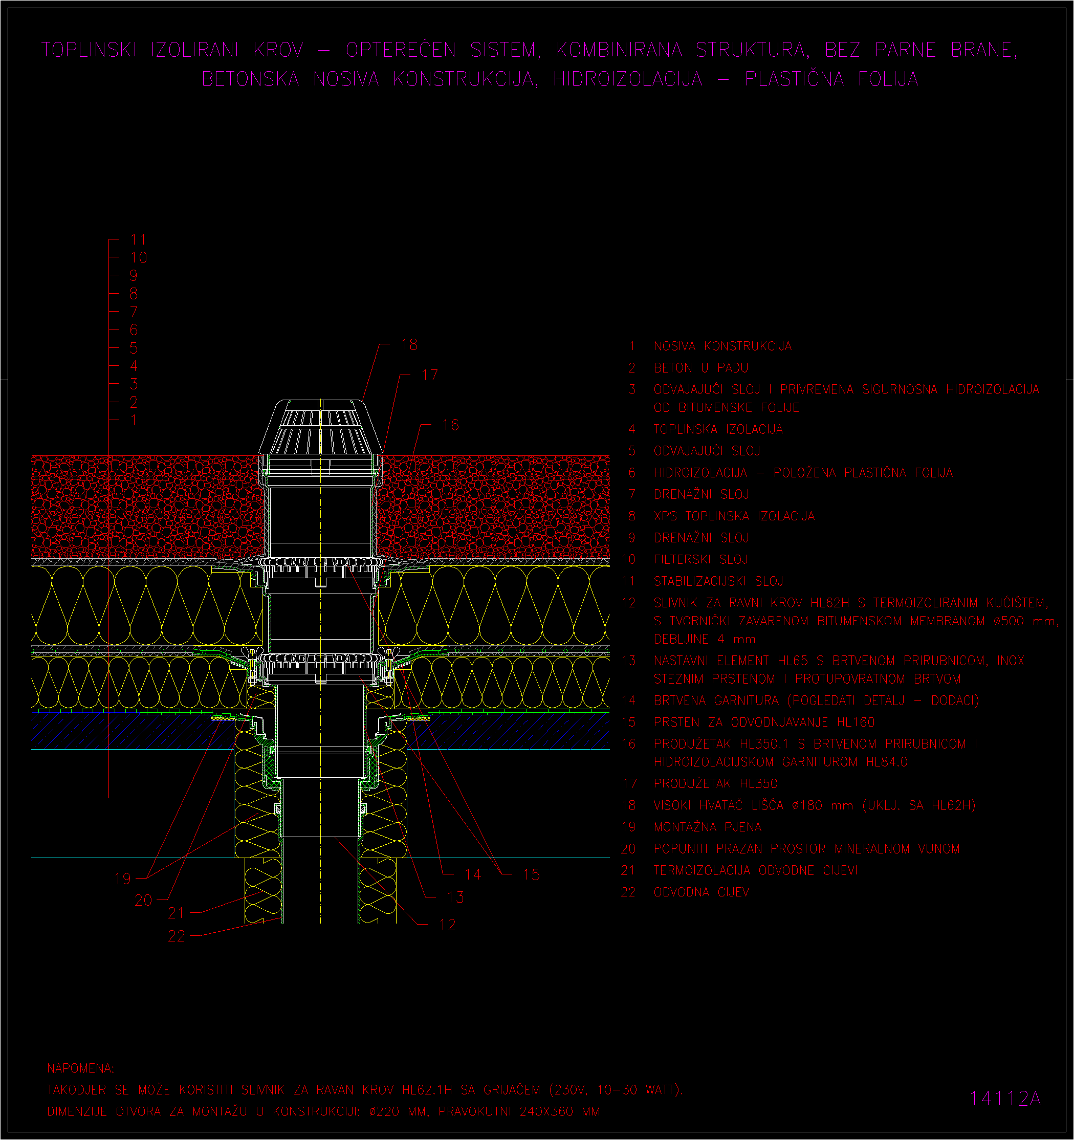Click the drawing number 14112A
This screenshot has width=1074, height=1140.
1004,1098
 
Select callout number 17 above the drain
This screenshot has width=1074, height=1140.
429,375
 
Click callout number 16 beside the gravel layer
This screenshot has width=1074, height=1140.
451,425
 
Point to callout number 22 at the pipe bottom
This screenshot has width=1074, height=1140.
177,936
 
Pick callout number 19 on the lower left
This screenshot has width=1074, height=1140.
123,878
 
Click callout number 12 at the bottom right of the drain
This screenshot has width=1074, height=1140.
447,925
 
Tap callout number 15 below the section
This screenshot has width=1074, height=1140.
532,874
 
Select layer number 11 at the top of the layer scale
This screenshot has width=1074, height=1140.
139,239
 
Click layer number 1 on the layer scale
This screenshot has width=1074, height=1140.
134,420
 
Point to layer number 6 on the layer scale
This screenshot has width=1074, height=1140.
134,330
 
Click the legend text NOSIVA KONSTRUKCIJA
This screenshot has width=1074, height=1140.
722,346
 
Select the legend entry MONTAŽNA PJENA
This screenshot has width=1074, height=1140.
708,827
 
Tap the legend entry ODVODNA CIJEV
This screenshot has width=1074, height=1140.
702,892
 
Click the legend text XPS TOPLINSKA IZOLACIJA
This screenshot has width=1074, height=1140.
734,516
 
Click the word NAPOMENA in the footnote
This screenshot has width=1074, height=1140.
81,1068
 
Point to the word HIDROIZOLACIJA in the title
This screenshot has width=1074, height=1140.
628,79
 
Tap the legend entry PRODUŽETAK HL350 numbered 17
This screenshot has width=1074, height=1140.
716,783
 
